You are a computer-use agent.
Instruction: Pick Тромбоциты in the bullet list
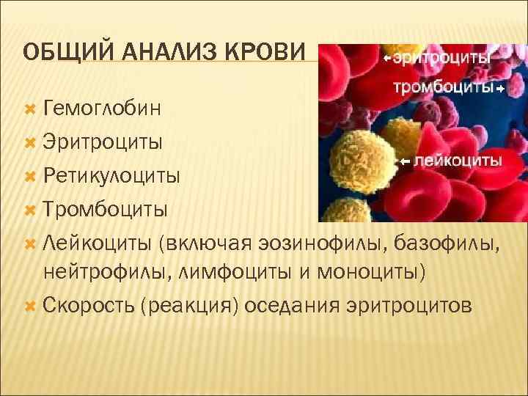tap(106, 208)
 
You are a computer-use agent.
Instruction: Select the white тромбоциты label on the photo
tap(443, 87)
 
